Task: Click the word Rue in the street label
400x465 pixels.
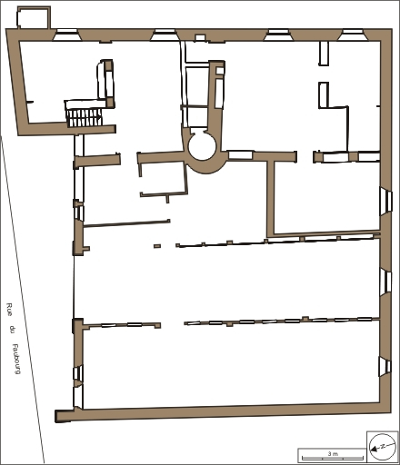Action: coord(9,310)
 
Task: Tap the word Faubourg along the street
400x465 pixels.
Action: coord(16,359)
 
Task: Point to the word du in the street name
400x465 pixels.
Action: coord(12,330)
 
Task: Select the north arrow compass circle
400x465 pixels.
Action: coord(383,447)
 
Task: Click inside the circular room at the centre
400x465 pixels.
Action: coord(202,146)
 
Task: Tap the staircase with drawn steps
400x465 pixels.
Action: coord(85,117)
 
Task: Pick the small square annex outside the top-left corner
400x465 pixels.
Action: coord(34,18)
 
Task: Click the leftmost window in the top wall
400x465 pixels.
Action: coord(67,35)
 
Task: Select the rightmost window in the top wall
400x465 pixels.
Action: coord(351,35)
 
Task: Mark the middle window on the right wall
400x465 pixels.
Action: coord(385,281)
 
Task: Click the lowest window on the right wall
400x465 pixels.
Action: coord(385,366)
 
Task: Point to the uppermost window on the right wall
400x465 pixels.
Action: coord(386,201)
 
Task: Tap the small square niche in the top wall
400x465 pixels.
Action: coord(200,37)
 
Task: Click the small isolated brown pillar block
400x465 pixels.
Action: coord(157,246)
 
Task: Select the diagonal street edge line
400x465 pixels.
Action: coord(23,300)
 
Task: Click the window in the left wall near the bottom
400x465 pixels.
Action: coord(78,373)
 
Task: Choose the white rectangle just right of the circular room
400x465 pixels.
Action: coord(240,154)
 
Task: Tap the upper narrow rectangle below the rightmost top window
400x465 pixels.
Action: coord(324,54)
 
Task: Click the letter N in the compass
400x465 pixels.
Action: coord(383,446)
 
